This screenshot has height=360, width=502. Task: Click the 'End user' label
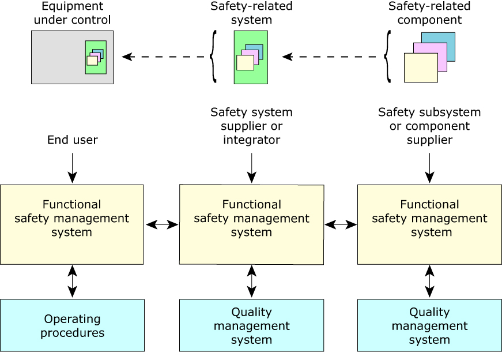pyautogui.click(x=73, y=140)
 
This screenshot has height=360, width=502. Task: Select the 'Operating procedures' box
pyautogui.click(x=72, y=325)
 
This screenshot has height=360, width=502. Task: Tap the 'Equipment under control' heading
pyautogui.click(x=73, y=13)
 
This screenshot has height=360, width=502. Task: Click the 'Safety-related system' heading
pyautogui.click(x=251, y=13)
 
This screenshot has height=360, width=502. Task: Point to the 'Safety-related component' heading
pyautogui.click(x=429, y=13)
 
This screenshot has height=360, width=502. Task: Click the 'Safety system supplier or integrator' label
pyautogui.click(x=251, y=126)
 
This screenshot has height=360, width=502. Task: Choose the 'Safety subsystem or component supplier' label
pyautogui.click(x=429, y=126)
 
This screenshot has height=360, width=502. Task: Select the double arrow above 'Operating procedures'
pyautogui.click(x=72, y=282)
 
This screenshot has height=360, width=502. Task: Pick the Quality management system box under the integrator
pyautogui.click(x=251, y=325)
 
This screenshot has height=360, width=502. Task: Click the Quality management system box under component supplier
pyautogui.click(x=429, y=325)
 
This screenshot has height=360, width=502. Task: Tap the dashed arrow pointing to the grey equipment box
pyautogui.click(x=164, y=57)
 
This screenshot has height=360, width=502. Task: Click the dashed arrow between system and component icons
pyautogui.click(x=333, y=57)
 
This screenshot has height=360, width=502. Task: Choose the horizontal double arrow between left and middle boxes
pyautogui.click(x=162, y=224)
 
